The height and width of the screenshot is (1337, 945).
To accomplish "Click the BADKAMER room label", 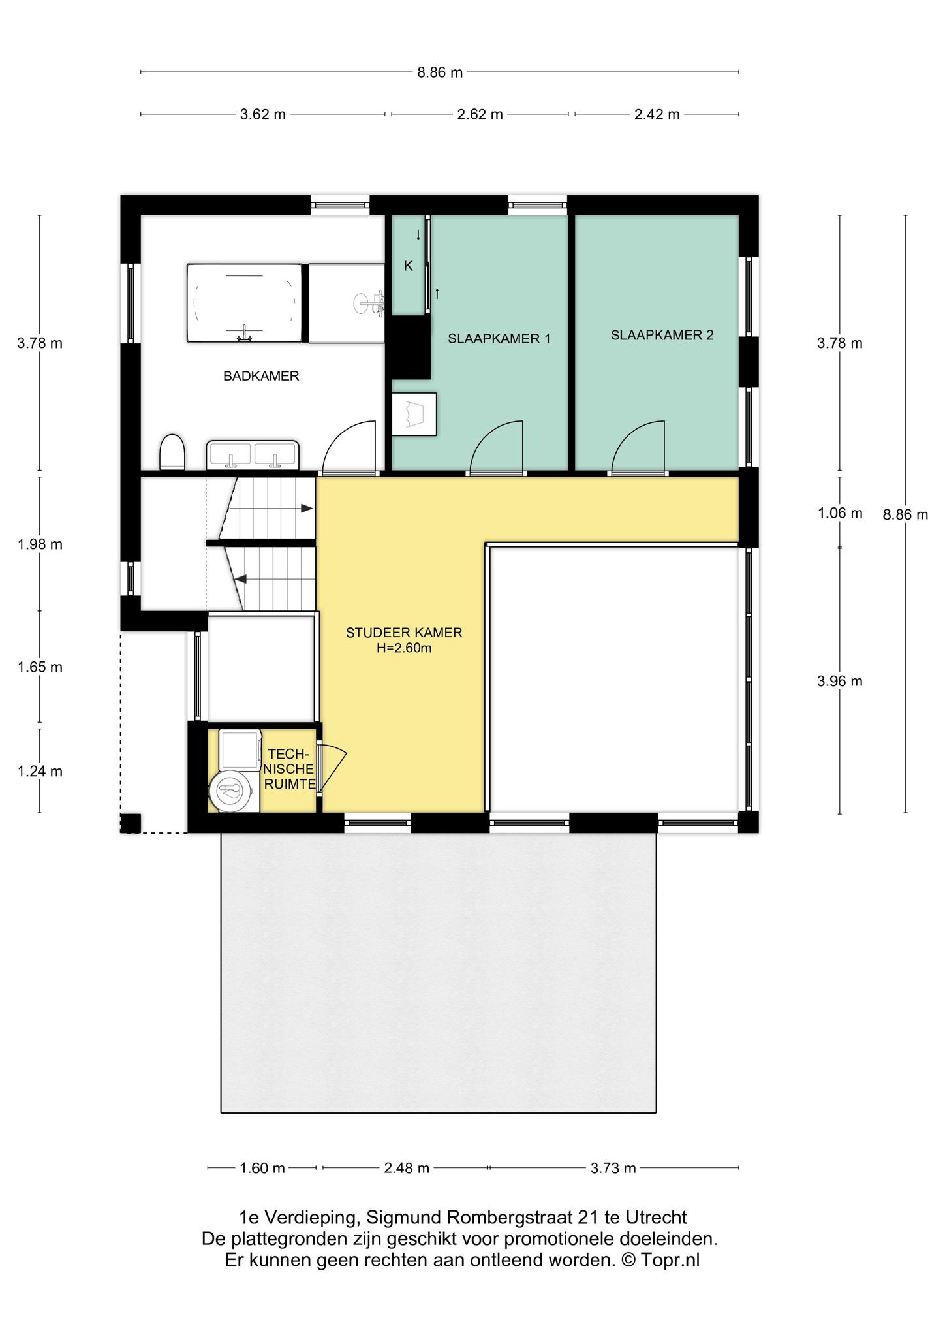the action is coord(261,376).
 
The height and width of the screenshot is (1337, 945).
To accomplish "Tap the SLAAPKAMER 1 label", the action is coord(499,339).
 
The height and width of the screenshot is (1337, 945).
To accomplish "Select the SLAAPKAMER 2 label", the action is coord(662,335).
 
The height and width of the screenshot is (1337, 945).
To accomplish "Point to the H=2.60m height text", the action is coord(404,648).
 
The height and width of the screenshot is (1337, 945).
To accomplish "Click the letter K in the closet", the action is coord(409,266).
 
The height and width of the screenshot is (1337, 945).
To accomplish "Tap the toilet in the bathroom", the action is coord(172,452).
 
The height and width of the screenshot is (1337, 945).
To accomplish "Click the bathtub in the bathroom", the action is coord(245,303).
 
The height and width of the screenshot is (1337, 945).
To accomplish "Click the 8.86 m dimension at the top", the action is coord(440,72).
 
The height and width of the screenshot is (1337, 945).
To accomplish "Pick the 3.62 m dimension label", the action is coord(263,115).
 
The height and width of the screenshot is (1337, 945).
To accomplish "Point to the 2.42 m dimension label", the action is coord(657,115).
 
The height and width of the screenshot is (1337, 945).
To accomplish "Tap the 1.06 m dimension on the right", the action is coord(840,513).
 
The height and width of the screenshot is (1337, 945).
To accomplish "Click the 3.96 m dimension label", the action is coord(840,682).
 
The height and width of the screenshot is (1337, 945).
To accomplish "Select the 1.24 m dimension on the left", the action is coord(40,772).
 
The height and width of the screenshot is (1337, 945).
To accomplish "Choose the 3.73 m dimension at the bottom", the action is coord(613,1169).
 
